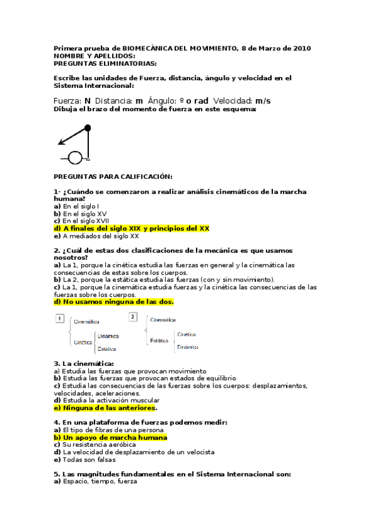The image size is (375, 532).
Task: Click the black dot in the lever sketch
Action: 88,128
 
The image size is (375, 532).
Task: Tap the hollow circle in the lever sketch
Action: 75,157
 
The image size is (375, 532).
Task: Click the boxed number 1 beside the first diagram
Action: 59,319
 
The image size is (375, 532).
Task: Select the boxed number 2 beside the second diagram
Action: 133,317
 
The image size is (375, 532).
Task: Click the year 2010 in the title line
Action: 301,48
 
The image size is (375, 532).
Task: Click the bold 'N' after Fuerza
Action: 88,100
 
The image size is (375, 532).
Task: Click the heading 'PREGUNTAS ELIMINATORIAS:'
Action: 105,63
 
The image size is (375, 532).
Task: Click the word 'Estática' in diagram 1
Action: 107,349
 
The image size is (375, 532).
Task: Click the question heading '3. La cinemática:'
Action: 83,363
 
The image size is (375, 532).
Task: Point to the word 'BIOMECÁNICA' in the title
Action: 151,48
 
